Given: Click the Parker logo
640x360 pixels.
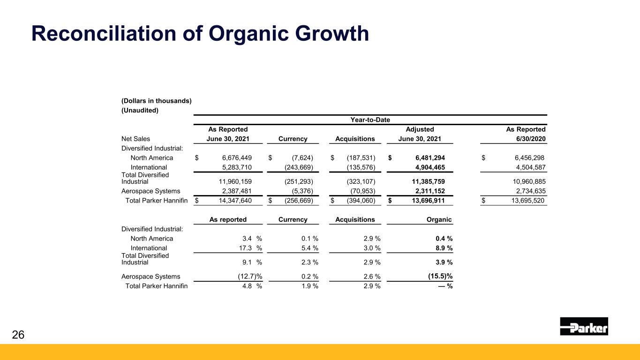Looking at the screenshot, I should point(584,326).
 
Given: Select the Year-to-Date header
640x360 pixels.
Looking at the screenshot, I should point(370,120).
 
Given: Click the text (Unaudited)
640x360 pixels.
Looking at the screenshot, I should point(140,111).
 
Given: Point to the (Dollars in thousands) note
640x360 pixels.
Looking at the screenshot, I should point(156,101).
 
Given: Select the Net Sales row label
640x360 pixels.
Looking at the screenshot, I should point(136,139).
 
